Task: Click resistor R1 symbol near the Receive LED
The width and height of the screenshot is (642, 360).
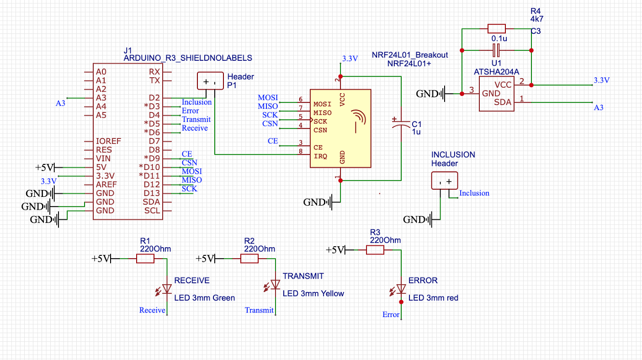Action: [145, 259]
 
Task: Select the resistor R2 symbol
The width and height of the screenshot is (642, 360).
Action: [249, 259]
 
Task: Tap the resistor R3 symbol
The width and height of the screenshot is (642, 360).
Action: [375, 250]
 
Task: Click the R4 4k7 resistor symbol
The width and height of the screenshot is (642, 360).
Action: [497, 29]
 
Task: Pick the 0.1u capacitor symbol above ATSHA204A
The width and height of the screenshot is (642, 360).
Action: [497, 50]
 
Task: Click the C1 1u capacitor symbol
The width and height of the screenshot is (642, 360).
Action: [401, 122]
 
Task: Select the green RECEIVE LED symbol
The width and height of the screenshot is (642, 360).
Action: [167, 289]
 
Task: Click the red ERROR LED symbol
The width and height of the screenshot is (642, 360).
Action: [401, 289]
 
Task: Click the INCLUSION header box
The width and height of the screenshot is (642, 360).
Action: [445, 181]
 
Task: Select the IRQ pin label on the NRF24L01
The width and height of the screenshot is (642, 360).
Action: [320, 157]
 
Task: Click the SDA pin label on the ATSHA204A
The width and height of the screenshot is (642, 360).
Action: [503, 102]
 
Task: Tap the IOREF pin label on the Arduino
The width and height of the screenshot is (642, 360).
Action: [108, 141]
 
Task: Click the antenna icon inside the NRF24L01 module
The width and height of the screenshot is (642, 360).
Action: [358, 121]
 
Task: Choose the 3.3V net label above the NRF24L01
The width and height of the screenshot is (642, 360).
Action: [350, 58]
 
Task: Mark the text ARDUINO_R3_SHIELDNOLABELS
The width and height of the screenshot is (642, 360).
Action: [188, 58]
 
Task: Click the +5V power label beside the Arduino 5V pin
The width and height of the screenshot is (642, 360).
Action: [45, 167]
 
